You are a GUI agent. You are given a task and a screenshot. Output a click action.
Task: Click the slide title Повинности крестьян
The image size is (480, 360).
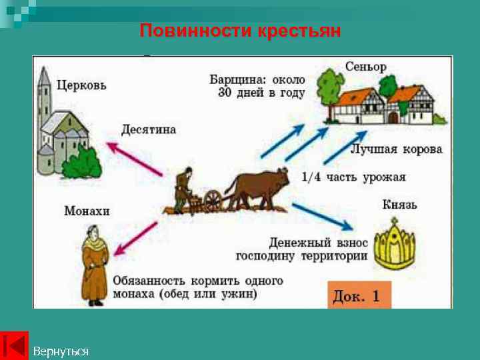(x=240, y=31)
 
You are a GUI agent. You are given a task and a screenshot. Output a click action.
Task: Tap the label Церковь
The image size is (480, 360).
(x=81, y=85)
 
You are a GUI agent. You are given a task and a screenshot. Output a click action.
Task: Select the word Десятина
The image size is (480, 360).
(x=149, y=129)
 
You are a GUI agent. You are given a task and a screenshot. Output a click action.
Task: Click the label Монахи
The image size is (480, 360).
(x=87, y=211)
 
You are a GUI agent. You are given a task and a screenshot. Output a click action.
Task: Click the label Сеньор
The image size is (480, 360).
(x=365, y=67)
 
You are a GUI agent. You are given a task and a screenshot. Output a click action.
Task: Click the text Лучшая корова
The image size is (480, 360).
(x=396, y=149)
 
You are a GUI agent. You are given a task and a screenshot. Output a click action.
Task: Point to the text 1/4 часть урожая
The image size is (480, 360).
(x=353, y=177)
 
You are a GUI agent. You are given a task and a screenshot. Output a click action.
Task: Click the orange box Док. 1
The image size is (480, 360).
(x=357, y=296)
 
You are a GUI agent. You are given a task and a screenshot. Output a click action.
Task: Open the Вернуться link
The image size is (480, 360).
(x=60, y=351)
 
